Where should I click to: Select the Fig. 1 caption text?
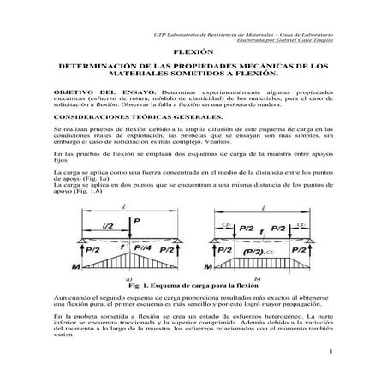193,284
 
